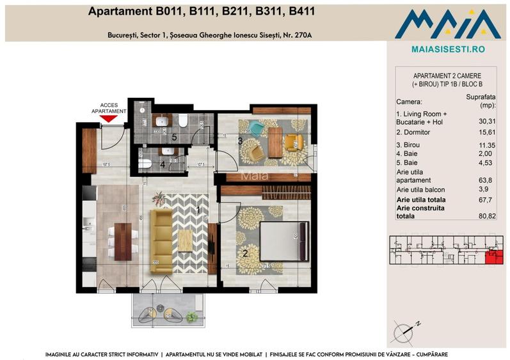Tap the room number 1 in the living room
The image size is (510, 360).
pos(198,210)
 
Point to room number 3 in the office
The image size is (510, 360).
pos(240,141)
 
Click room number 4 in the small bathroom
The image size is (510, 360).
pos(163,164)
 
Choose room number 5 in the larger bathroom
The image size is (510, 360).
pos(173,136)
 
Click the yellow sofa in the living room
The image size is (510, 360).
pos(161,240)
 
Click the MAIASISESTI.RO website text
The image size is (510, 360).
pos(447,49)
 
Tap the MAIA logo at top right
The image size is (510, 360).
pos(447,24)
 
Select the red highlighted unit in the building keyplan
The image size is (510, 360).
pos(493,257)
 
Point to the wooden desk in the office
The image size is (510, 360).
pos(275,143)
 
